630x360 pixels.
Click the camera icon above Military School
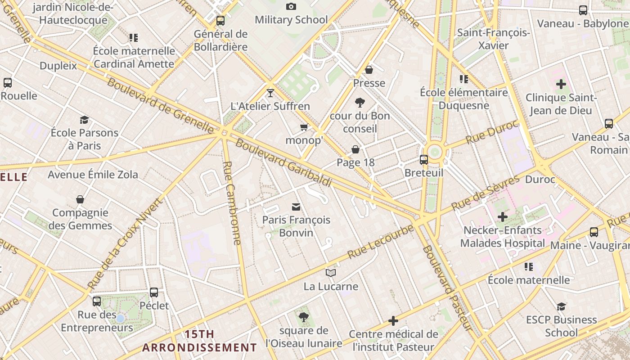point(291,6)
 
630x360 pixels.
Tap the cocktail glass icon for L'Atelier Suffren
point(270,93)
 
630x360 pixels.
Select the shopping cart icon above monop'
point(304,127)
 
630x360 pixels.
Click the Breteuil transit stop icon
point(423,159)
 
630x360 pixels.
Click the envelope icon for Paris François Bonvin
point(296,207)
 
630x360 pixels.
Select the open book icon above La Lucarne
point(331,273)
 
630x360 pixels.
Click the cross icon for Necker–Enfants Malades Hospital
point(502,217)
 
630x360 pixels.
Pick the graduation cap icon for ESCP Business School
point(561,306)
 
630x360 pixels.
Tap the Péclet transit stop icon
point(154,292)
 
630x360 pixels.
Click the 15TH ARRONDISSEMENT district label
point(199,341)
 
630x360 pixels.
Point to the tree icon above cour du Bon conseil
point(360,103)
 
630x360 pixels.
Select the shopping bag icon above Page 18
point(355,149)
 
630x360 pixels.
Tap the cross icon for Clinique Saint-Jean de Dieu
point(561,84)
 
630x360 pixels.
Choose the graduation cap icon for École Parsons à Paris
point(84,120)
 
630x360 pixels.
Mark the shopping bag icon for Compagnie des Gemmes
point(80,199)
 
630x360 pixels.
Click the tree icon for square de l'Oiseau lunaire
point(304,317)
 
